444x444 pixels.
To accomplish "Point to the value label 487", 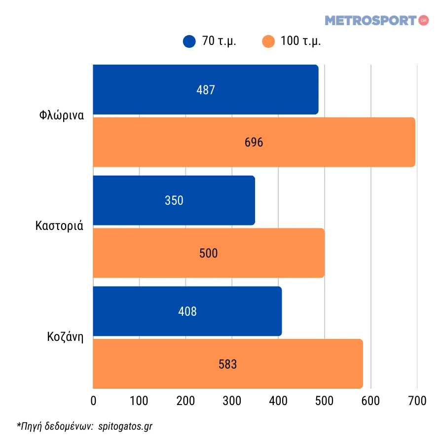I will click(x=206, y=90).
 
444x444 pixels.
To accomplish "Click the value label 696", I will click(x=254, y=143).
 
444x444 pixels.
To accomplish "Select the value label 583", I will click(x=227, y=365).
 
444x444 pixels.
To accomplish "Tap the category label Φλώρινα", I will click(x=61, y=116).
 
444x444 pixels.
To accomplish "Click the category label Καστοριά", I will click(x=59, y=226).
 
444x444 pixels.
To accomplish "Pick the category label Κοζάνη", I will click(x=65, y=337).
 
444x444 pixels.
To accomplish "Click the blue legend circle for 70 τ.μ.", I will click(x=189, y=41).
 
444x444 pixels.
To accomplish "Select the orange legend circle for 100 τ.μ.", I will click(x=268, y=41).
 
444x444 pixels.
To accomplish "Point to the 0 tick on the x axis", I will click(x=93, y=401).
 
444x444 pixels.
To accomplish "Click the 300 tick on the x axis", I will click(x=232, y=401).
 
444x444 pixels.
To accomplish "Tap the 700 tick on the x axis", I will click(x=417, y=401).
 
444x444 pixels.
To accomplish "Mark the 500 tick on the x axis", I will click(x=324, y=401).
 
